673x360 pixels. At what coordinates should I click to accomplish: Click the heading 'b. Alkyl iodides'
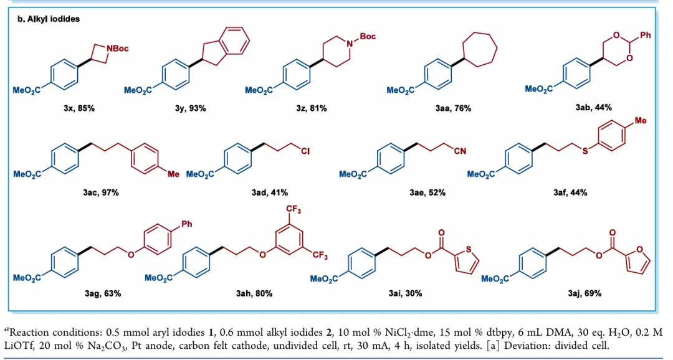tap(49, 19)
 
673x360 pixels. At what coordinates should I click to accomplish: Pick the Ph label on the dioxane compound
tap(645, 35)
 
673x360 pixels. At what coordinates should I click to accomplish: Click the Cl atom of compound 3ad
tap(305, 151)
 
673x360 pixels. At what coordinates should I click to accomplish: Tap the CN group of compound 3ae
tap(460, 151)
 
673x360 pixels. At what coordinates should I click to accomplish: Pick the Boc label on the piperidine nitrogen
tap(368, 37)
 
